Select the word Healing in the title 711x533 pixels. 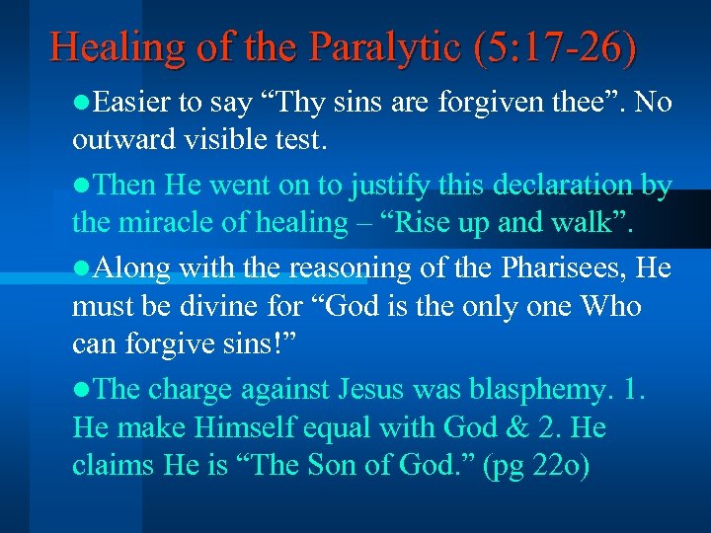click(x=108, y=46)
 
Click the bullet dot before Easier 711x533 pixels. click(x=79, y=104)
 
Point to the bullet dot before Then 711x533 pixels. click(x=79, y=185)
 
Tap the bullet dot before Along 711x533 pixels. click(x=79, y=268)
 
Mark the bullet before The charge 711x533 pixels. click(x=79, y=390)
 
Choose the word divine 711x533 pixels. click(x=213, y=307)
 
